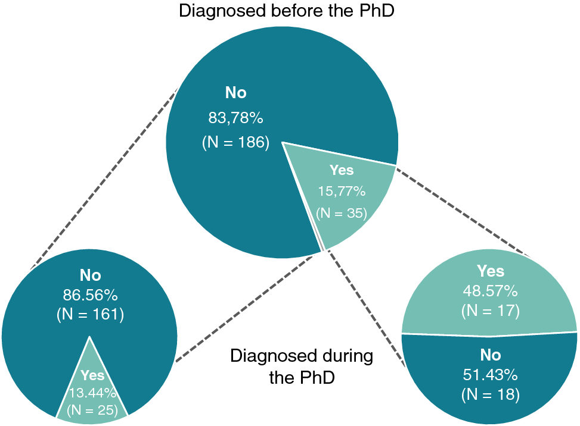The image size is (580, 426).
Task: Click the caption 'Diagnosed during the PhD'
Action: (x=302, y=367)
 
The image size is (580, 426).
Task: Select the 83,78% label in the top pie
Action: (x=235, y=118)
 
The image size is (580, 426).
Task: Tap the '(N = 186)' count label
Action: (x=235, y=143)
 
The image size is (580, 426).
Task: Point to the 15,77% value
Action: (x=342, y=192)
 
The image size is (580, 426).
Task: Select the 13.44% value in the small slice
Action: (x=92, y=392)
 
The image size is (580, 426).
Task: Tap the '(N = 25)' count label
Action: (x=92, y=409)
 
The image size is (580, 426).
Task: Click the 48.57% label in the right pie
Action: (x=490, y=291)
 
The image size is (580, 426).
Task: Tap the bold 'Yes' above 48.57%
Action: (x=490, y=272)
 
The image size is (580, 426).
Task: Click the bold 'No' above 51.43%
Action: (x=490, y=355)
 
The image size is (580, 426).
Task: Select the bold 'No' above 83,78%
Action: (x=235, y=93)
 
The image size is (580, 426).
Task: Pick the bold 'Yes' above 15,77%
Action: (x=342, y=171)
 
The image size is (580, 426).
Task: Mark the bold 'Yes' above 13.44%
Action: (x=92, y=375)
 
